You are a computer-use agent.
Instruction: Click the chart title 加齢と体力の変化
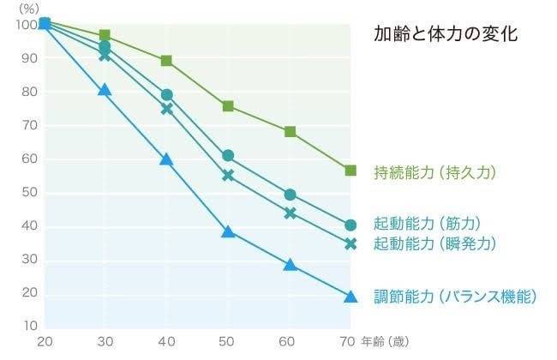click(445, 35)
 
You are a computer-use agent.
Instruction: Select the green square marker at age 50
click(228, 106)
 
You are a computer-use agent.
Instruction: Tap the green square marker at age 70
click(350, 171)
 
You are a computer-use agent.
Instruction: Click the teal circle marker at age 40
click(167, 95)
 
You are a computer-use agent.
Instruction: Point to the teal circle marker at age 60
click(290, 195)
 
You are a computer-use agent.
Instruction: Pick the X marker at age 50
click(228, 175)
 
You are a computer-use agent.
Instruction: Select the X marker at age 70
click(350, 243)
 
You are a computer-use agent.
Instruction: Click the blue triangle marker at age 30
click(105, 90)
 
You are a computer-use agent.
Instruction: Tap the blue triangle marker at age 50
click(228, 231)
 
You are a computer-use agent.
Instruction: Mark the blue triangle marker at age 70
click(350, 297)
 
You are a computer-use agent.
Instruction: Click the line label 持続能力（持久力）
click(435, 172)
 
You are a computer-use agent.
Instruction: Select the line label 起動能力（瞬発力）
click(435, 243)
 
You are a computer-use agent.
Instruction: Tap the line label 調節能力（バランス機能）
click(454, 297)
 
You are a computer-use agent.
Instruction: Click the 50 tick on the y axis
click(30, 192)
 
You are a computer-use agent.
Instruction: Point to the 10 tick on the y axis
click(30, 326)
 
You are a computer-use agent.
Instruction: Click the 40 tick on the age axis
click(166, 341)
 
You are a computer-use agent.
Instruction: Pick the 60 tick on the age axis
click(290, 341)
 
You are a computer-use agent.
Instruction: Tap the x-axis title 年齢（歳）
click(384, 341)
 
